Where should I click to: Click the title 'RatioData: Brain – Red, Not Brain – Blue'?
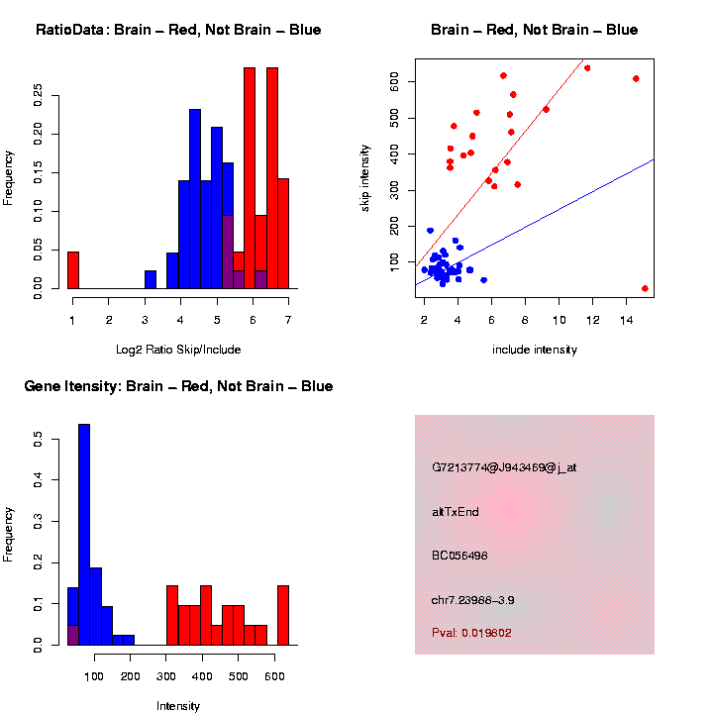(178, 30)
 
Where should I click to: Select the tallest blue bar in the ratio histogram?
(195, 198)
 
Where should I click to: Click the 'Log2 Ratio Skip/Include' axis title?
(178, 350)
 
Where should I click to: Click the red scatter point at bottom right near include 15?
(645, 288)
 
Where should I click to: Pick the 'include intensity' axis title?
(535, 350)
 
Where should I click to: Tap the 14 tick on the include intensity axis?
(627, 320)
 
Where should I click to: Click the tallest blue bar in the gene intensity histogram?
(84, 535)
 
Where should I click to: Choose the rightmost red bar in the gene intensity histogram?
(283, 614)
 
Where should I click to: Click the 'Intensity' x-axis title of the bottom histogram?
(178, 706)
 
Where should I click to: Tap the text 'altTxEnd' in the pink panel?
(456, 512)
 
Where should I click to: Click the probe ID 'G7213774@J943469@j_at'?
(504, 467)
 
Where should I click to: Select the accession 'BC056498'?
(460, 556)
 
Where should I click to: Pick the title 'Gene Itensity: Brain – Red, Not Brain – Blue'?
(178, 386)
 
